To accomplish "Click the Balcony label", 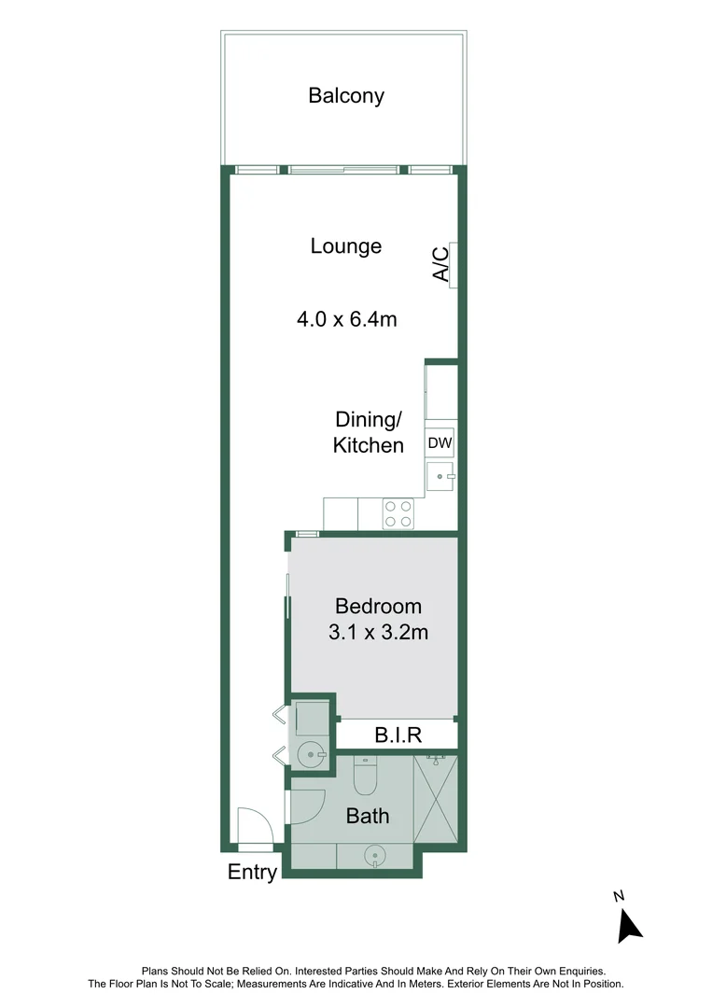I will (x=346, y=95).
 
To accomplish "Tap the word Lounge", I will (x=346, y=246).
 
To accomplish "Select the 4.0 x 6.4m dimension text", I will (x=347, y=319).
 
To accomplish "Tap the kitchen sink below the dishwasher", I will (x=440, y=476).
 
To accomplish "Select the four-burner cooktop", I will (x=398, y=513).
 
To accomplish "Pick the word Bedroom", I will (x=378, y=607).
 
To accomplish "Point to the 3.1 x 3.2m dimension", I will (x=378, y=633).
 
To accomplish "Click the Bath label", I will (x=368, y=817).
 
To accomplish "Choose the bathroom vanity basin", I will (x=374, y=854).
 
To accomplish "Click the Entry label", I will (x=253, y=874).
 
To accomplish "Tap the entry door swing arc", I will (x=254, y=825).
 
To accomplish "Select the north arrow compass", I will (x=630, y=921).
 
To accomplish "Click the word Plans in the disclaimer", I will (x=156, y=972).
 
